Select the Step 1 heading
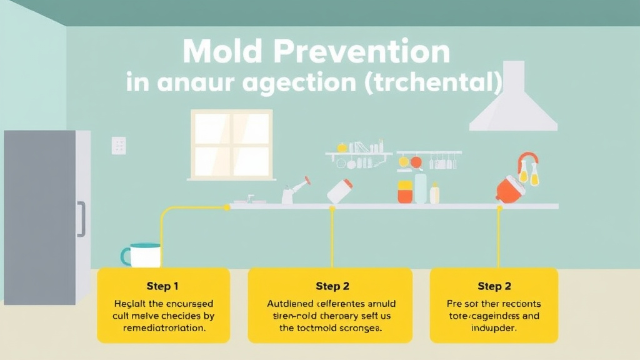[162, 286]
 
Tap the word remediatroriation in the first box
[164, 327]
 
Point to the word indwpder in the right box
[494, 327]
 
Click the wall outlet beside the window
[118, 146]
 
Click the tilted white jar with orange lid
[339, 191]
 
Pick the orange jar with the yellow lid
[405, 192]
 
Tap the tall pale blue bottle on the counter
[421, 188]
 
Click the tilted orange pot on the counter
[511, 188]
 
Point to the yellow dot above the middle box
[332, 209]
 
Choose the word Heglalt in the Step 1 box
[129, 304]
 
